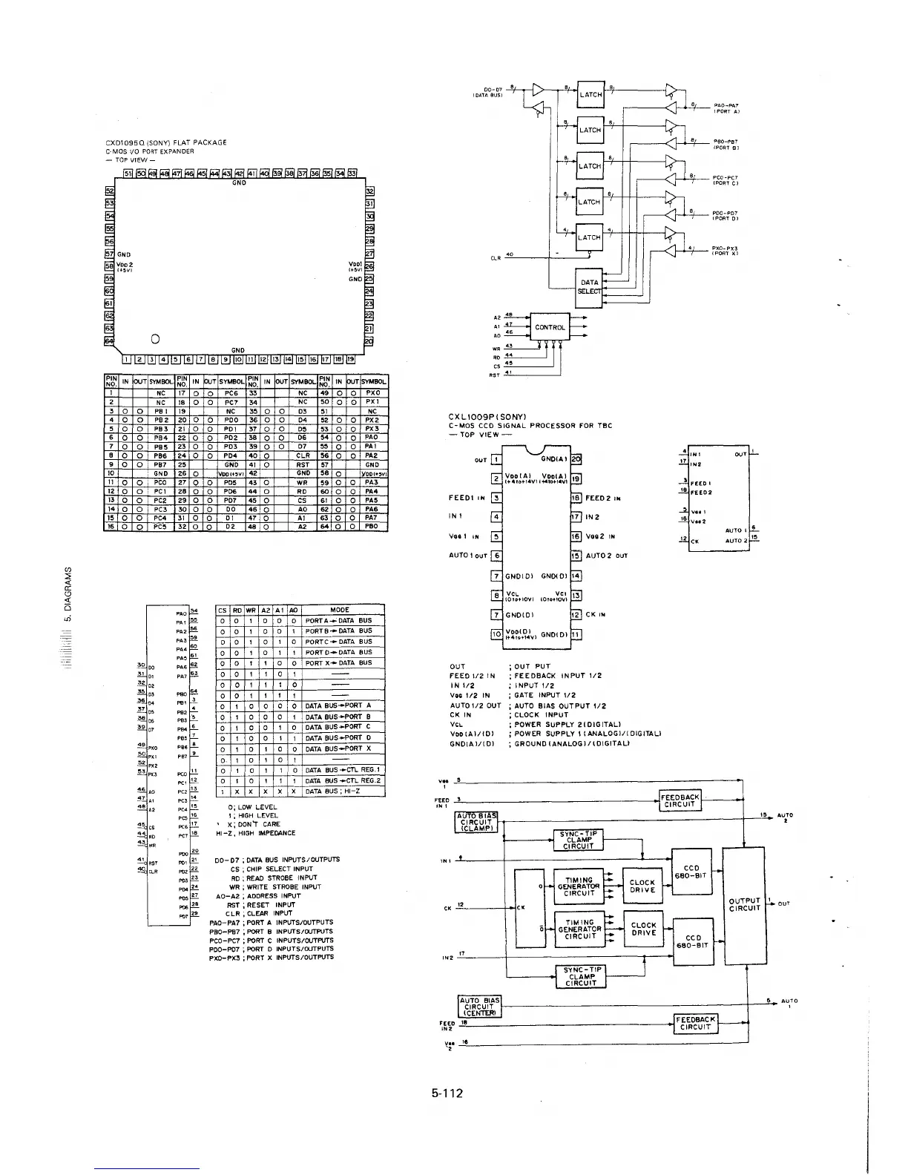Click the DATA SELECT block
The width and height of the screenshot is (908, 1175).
(590, 286)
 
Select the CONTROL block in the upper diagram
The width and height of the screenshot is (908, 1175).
(550, 326)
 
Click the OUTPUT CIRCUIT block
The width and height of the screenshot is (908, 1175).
(744, 906)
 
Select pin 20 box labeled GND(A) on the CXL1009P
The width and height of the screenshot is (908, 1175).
(576, 459)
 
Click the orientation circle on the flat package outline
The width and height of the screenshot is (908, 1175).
(155, 339)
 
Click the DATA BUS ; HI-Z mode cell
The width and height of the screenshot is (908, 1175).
(343, 791)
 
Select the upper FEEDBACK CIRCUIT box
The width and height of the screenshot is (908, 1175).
(680, 799)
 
